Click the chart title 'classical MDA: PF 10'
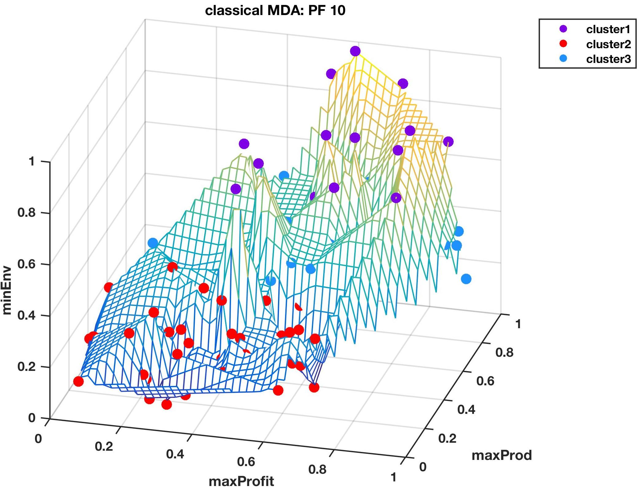tap(275, 10)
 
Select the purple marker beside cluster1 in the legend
tap(563, 29)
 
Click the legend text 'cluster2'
tap(608, 44)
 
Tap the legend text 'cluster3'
tap(608, 59)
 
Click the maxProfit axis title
tap(241, 481)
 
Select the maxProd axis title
tap(501, 455)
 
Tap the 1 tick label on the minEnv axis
tap(31, 161)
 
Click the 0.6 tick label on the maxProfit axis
tap(246, 461)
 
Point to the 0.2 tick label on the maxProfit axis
tap(104, 446)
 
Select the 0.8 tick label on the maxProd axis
tap(504, 352)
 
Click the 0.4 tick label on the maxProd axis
tap(466, 410)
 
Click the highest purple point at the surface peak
tap(355, 51)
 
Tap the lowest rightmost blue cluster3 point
tap(466, 279)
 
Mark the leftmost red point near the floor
tap(78, 382)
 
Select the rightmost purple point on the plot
tap(448, 142)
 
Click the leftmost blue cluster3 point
tap(153, 243)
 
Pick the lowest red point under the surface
tap(166, 405)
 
